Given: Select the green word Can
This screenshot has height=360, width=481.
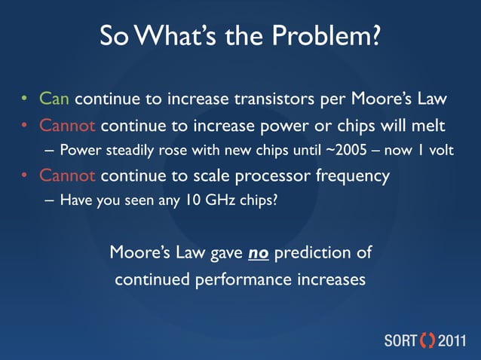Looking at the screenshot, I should coord(54,99).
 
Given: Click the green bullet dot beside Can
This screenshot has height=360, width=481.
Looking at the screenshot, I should coord(24,99).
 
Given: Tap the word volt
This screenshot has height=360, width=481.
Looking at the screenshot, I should coord(438,150).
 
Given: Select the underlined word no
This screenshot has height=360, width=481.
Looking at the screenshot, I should coord(259,252).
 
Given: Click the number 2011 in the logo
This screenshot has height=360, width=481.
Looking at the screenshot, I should coord(455,338).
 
